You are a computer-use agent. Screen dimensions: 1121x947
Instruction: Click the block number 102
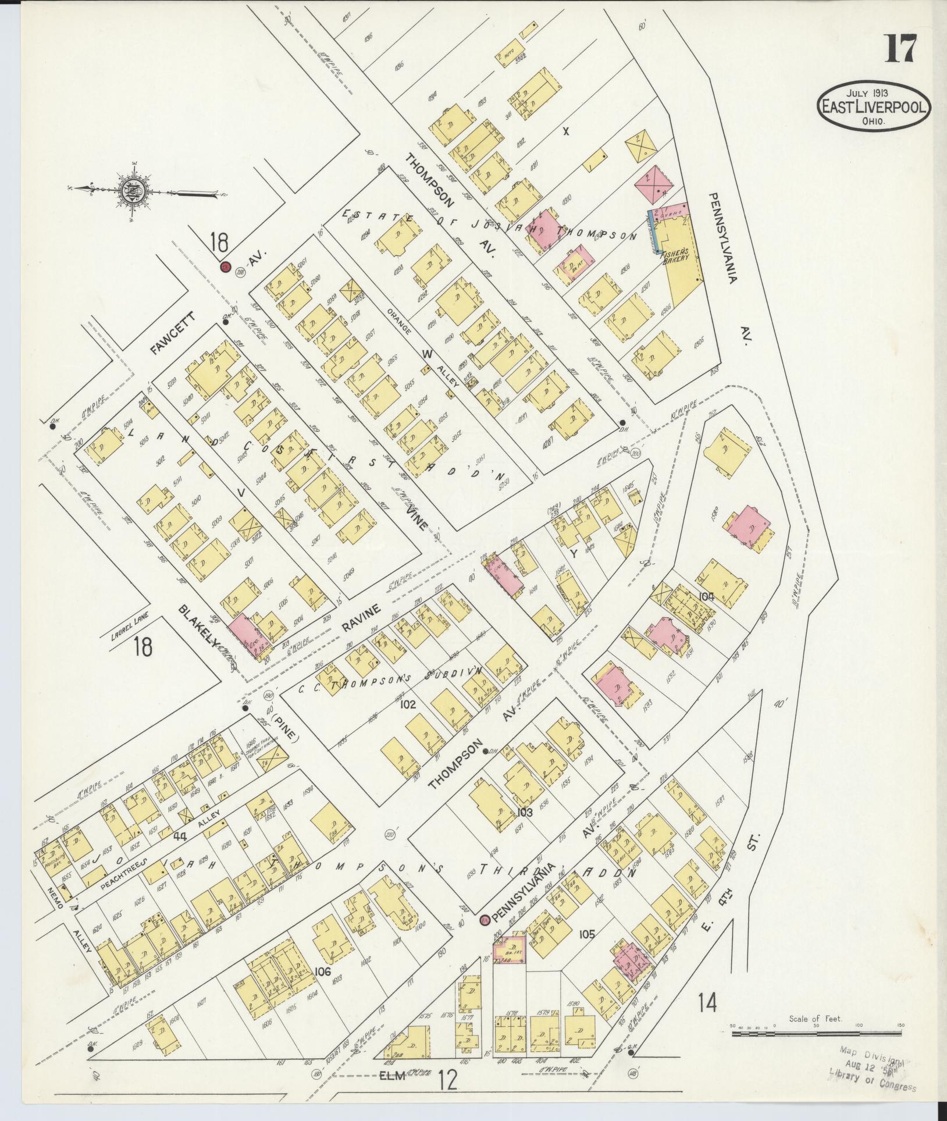coord(408,704)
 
